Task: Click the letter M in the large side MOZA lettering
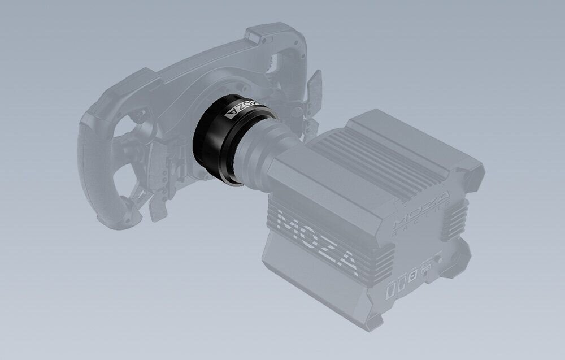coord(292,224)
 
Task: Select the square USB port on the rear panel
coord(412,275)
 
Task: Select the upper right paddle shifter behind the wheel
coord(314,85)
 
